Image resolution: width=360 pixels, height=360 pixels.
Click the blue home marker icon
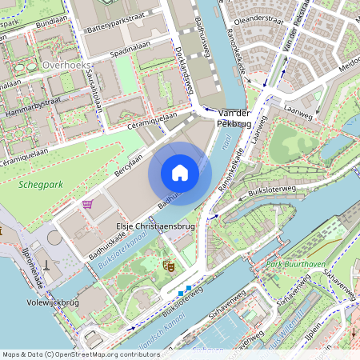pos(180,173)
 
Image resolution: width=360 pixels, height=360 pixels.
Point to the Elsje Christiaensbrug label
pos(156,227)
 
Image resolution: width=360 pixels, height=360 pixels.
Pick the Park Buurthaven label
pos(290,264)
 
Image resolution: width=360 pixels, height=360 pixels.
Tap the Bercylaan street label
pos(128,160)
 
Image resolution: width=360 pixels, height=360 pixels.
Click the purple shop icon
pos(88,204)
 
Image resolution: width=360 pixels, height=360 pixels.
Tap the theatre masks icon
pos(169,262)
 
